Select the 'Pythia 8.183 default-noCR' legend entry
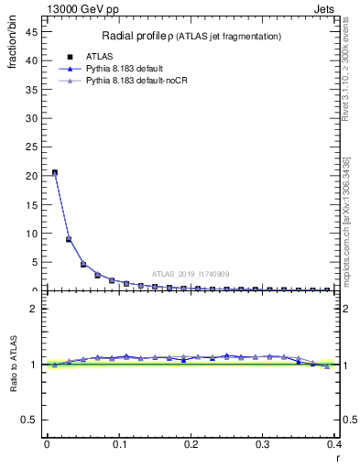138,82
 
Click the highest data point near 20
55,172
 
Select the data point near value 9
69,239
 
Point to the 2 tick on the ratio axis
38,310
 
